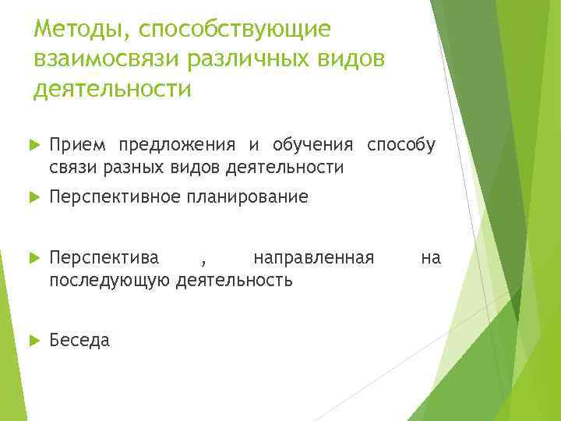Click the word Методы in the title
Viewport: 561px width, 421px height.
(x=71, y=30)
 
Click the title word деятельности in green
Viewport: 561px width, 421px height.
(x=112, y=89)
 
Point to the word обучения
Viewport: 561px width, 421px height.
(x=309, y=145)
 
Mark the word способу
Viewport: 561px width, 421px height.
(x=400, y=145)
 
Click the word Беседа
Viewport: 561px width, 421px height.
(x=79, y=340)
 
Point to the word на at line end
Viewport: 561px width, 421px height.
(x=431, y=257)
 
